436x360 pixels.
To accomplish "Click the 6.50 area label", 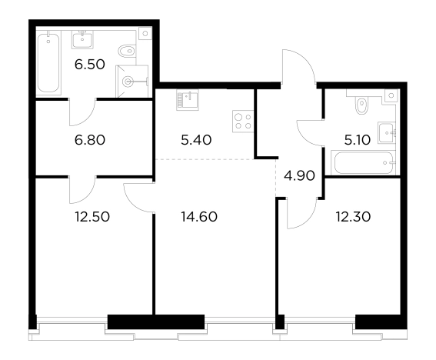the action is click(89, 65).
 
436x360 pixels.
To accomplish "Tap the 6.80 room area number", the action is click(90, 140).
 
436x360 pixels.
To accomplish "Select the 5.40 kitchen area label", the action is click(196, 140).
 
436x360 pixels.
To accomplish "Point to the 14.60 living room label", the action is click(199, 217).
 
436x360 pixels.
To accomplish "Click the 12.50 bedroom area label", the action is click(92, 217).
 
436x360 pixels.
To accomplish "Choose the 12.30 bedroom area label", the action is click(353, 217).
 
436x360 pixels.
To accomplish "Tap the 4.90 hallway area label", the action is click(299, 176).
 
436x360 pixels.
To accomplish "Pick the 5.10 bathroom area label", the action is click(358, 140).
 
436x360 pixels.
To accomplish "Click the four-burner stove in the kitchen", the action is click(243, 122).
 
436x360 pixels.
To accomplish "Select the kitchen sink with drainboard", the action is click(188, 100).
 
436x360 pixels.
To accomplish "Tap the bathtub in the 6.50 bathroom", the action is click(48, 63).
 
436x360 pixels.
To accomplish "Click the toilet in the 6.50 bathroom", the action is click(127, 51).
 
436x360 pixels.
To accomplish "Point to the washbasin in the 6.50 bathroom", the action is click(82, 39).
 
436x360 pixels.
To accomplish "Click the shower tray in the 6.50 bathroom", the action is click(131, 82).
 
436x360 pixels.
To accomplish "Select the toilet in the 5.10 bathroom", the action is click(361, 105).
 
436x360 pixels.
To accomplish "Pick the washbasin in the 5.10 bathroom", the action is click(387, 133).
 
